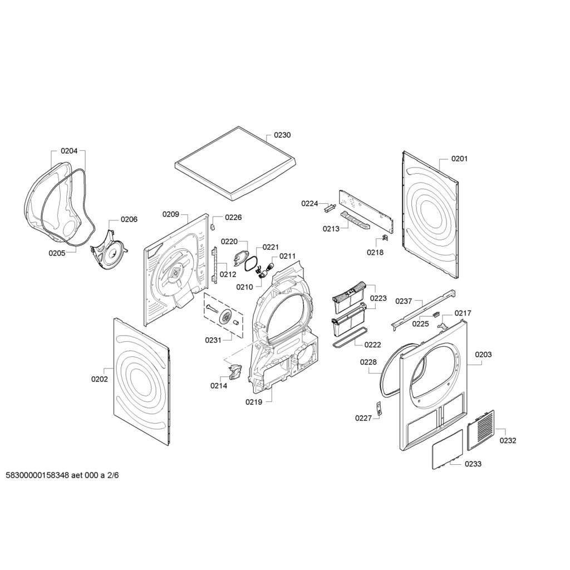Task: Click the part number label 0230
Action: coord(282,135)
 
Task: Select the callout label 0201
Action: coord(459,159)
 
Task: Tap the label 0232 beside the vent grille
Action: coord(508,440)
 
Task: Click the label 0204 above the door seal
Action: coord(69,151)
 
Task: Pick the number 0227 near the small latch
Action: coord(363,418)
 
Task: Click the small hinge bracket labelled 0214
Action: coord(234,371)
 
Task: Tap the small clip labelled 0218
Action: coord(385,239)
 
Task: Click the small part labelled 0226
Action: coord(213,227)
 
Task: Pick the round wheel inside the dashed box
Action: coord(226,317)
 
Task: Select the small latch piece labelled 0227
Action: coord(379,409)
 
